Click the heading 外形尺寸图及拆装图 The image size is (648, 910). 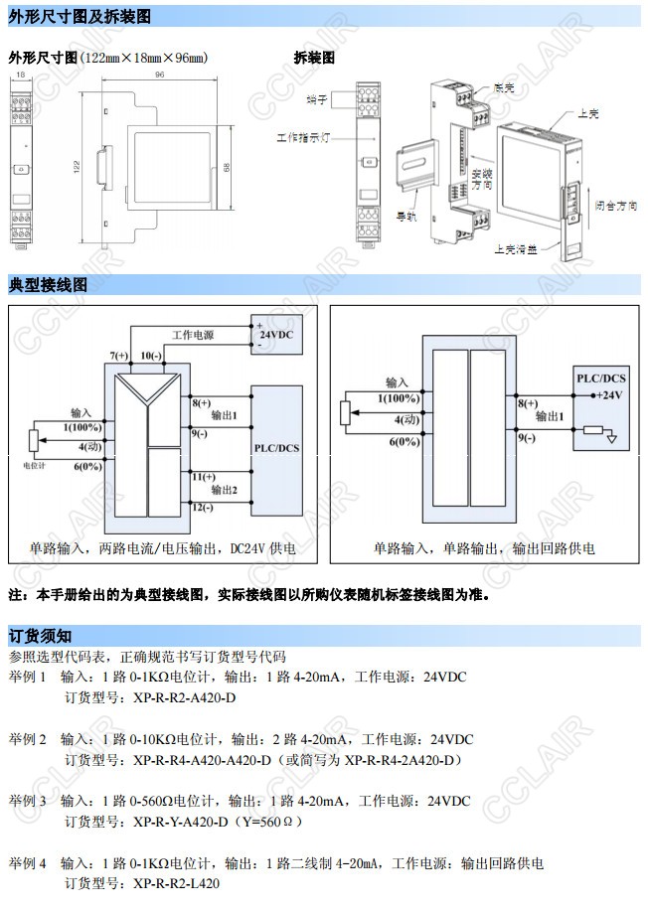click(x=79, y=17)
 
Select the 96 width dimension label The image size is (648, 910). click(x=159, y=75)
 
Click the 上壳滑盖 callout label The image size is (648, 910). click(x=515, y=249)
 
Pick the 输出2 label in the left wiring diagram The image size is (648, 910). click(x=224, y=490)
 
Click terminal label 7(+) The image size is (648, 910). click(x=119, y=356)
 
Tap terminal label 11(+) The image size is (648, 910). click(x=201, y=476)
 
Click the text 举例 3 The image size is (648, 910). click(x=28, y=801)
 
